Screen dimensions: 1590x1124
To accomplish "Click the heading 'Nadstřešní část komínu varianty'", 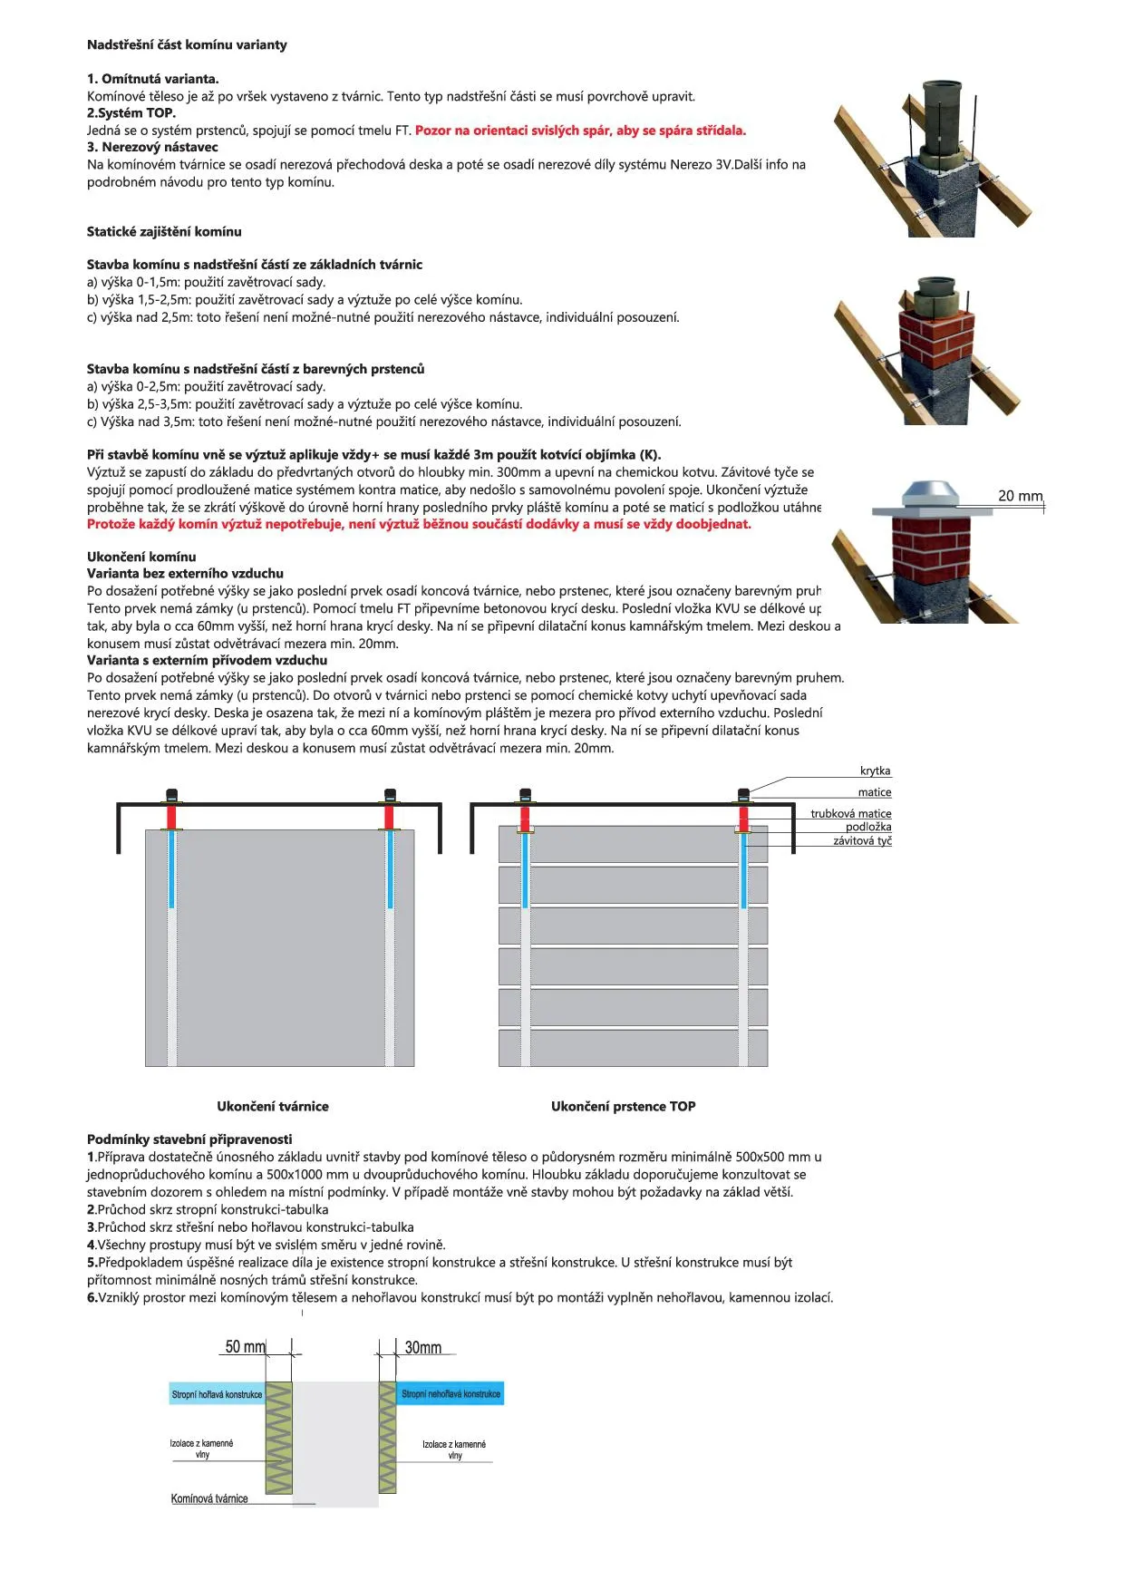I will click(x=187, y=44).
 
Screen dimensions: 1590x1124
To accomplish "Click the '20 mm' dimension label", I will click(x=1020, y=496).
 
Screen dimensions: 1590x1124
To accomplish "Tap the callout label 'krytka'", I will click(x=875, y=771).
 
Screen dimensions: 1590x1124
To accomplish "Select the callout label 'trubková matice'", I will click(x=850, y=813).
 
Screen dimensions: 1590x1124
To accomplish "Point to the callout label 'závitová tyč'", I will click(x=862, y=841).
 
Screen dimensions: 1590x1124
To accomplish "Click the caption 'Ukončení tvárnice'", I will click(x=272, y=1106).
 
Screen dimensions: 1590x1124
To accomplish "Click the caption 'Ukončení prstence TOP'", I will click(x=623, y=1106).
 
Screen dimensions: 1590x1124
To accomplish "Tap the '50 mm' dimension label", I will click(x=245, y=1347).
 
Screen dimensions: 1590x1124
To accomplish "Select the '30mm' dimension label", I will click(x=422, y=1348).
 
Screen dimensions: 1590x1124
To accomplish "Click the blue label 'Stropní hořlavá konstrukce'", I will click(x=217, y=1394).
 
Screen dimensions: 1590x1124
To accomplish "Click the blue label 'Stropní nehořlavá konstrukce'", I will click(x=451, y=1394).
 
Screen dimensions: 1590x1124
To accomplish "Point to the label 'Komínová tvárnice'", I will click(x=209, y=1498).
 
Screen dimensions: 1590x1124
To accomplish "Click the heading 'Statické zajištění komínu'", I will click(x=164, y=231).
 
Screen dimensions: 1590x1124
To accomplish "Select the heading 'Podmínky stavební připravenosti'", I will click(x=189, y=1139).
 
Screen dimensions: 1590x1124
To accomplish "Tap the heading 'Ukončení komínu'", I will click(x=141, y=557).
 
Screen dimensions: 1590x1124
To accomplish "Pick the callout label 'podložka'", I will click(x=868, y=827).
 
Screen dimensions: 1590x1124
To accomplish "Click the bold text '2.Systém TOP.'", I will click(x=131, y=113).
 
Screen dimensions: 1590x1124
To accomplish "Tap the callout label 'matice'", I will click(x=874, y=792).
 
